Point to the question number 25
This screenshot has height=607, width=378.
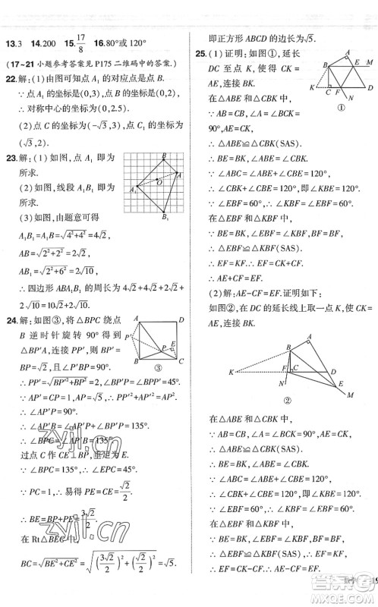(200, 55)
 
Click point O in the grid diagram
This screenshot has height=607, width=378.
(157, 182)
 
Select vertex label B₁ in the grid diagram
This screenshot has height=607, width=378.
(164, 218)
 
